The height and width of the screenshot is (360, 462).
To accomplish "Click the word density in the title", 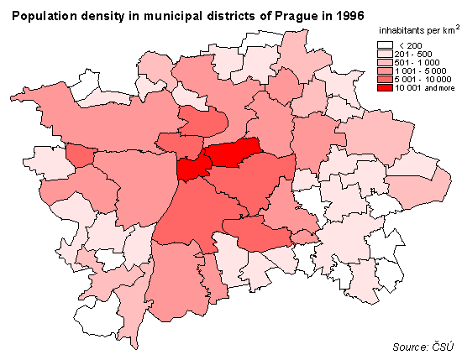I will [97, 17].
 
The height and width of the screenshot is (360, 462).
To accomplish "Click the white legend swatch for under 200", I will [385, 45].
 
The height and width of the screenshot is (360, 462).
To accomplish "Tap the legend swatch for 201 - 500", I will [385, 54].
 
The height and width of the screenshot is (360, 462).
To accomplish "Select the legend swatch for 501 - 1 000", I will [385, 62].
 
